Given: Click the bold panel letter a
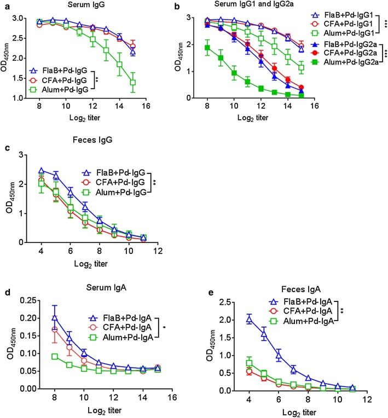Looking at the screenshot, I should tap(7, 7).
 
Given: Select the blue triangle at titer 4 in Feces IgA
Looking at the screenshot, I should tap(249, 320).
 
